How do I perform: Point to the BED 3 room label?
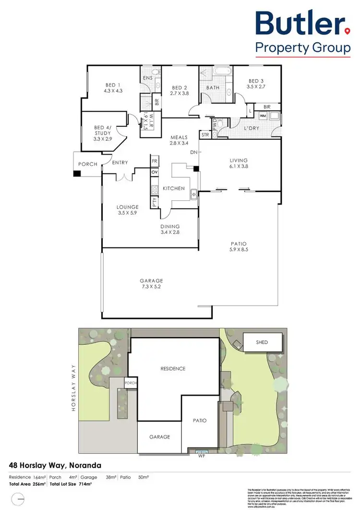pyautogui.click(x=256, y=84)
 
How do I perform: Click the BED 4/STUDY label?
pyautogui.click(x=103, y=133)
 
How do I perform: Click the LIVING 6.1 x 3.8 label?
pyautogui.click(x=239, y=163)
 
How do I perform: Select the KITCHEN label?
pyautogui.click(x=173, y=189)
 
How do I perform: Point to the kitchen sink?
pyautogui.click(x=193, y=194)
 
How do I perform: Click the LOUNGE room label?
pyautogui.click(x=127, y=210)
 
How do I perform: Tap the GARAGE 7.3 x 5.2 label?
pyautogui.click(x=152, y=284)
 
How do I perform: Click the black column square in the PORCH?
pyautogui.click(x=76, y=173)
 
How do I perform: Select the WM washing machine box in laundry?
pyautogui.click(x=263, y=116)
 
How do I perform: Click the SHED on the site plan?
pyautogui.click(x=262, y=342)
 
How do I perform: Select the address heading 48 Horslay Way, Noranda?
pyautogui.click(x=55, y=465)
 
